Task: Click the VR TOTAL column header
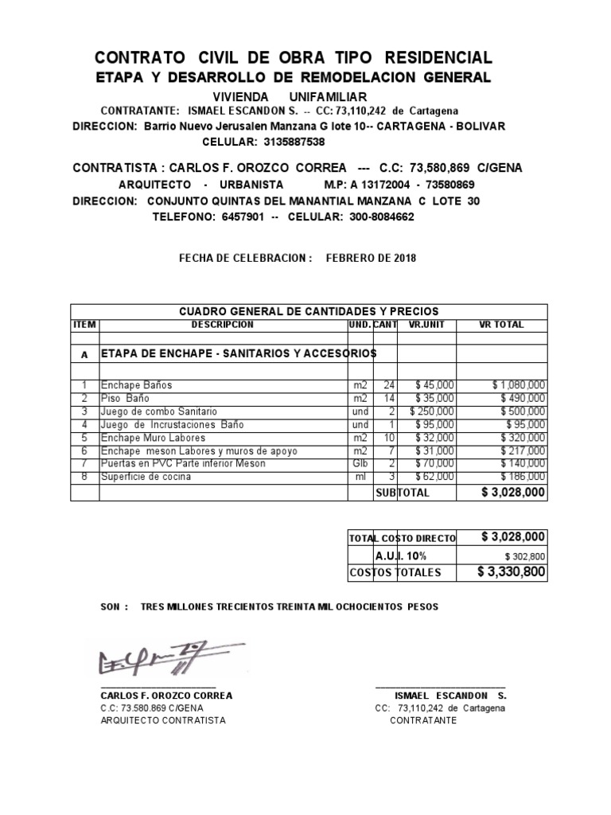(502, 325)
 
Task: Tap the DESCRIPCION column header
(222, 325)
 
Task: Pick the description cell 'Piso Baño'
(125, 398)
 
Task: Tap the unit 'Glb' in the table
(361, 463)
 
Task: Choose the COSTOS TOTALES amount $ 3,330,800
(512, 571)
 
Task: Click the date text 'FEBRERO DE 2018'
(371, 259)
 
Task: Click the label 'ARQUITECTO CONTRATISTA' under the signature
(163, 720)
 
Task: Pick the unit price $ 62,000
(434, 477)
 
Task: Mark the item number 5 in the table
(84, 438)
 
